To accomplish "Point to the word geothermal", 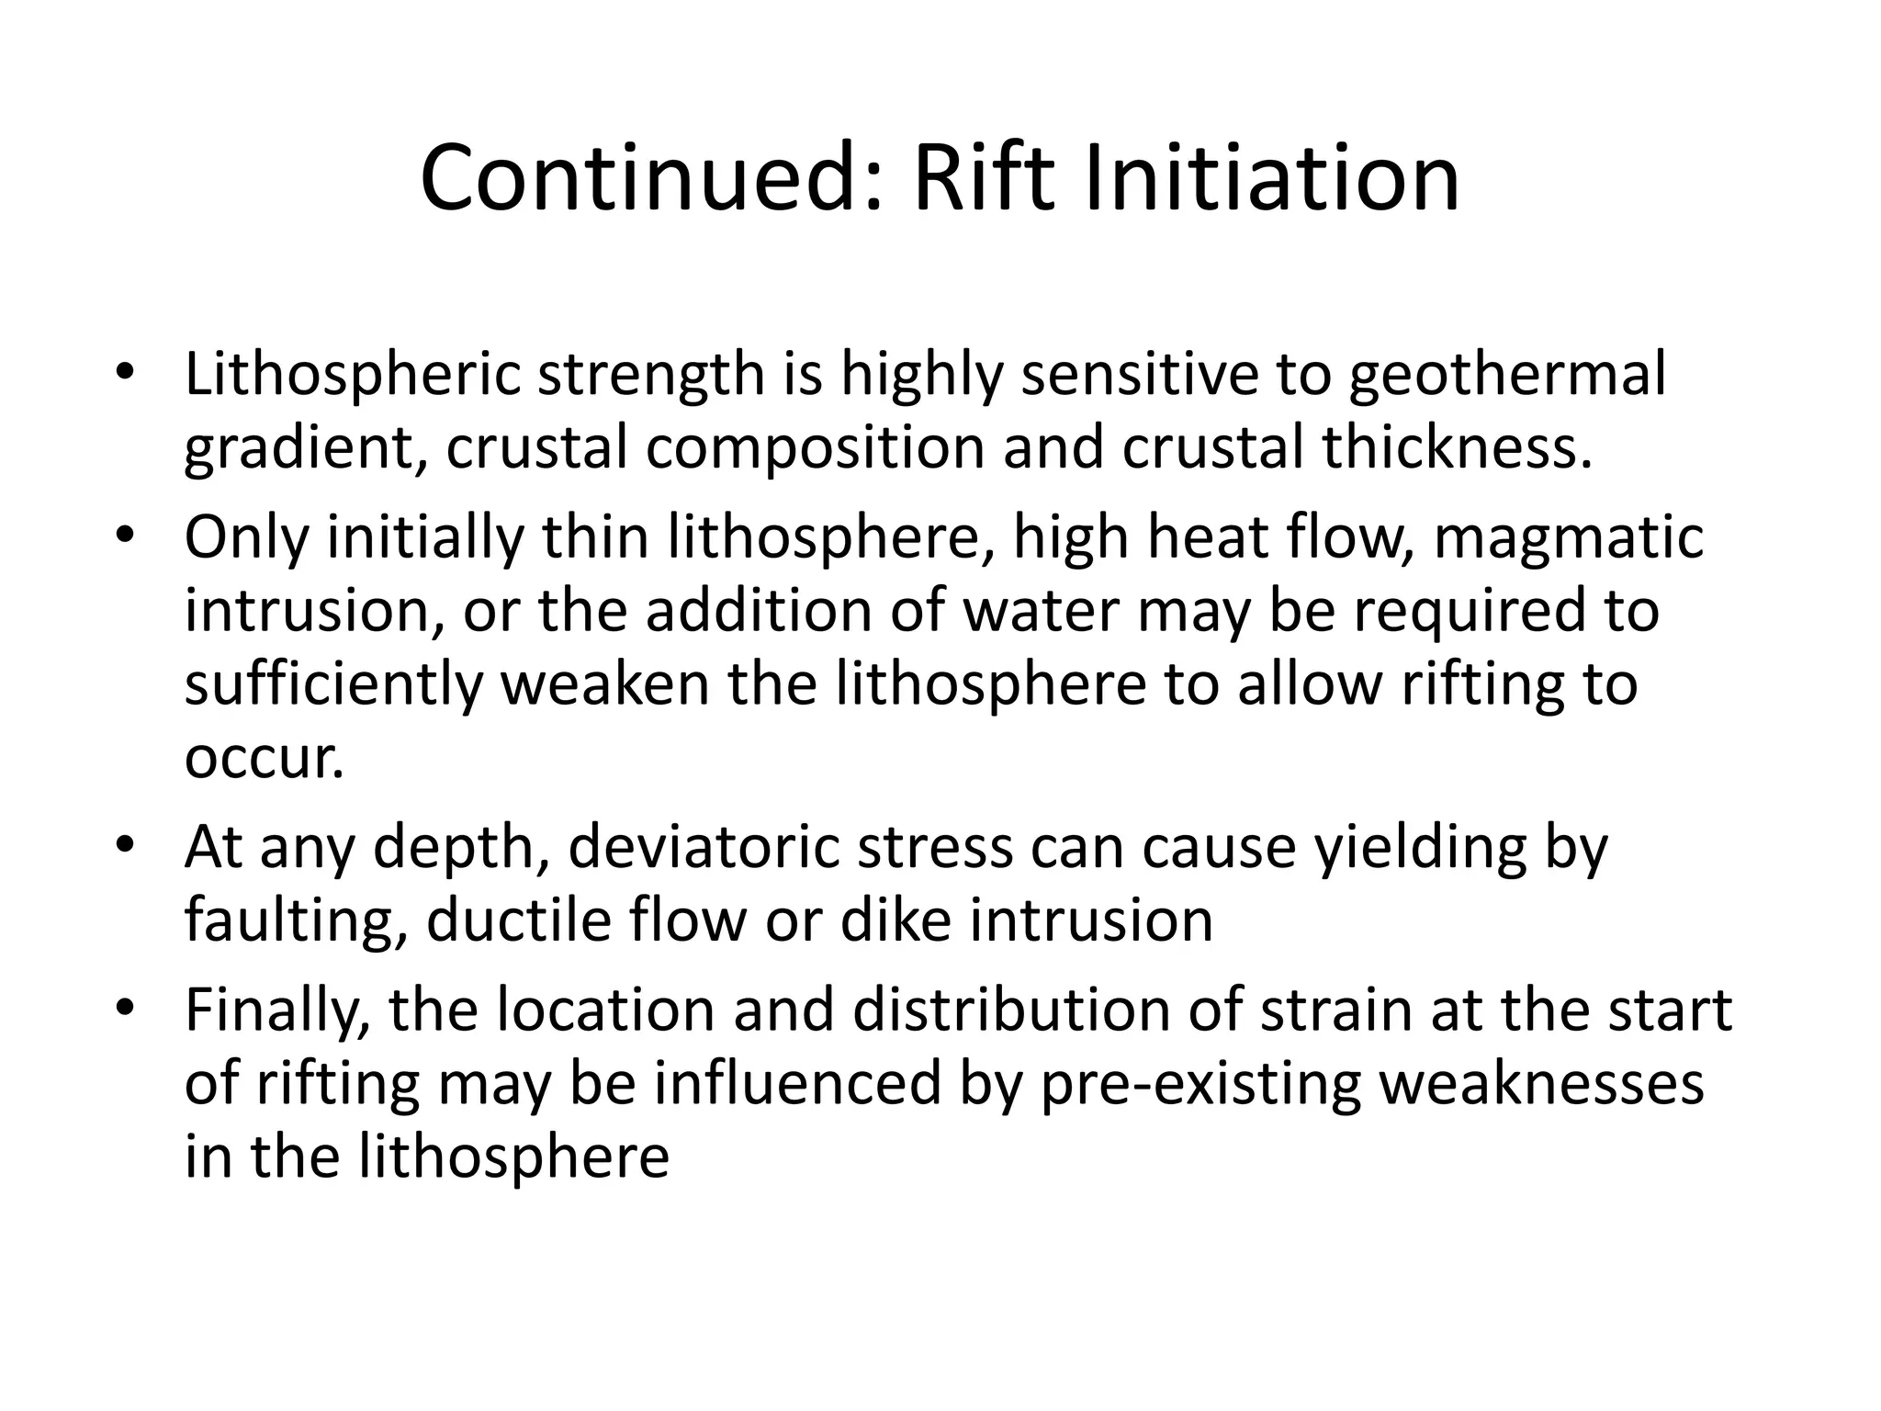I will (1507, 377).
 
